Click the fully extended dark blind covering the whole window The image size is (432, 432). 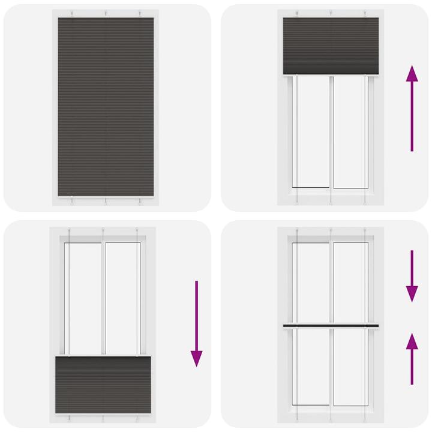pos(106,107)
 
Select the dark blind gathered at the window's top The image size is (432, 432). pos(331,45)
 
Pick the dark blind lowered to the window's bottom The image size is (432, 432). pos(103,385)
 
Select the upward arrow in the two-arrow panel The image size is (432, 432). pos(412,359)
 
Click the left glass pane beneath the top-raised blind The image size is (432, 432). pos(313,132)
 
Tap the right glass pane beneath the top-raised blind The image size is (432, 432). pos(349,132)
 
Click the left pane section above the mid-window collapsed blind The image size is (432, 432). pos(313,282)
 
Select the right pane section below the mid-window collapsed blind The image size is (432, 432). pos(349,366)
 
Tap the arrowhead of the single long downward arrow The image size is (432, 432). pos(196,358)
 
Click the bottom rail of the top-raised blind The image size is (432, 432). pos(331,74)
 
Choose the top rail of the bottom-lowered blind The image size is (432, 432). pos(103,357)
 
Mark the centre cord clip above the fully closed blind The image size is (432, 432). pos(106,13)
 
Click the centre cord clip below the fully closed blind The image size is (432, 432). pos(106,202)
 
